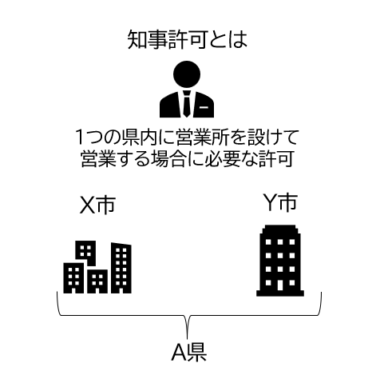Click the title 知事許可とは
click(188, 39)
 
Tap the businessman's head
click(187, 74)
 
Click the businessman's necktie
click(187, 103)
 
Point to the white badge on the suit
click(204, 108)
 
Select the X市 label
click(97, 205)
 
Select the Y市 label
click(280, 202)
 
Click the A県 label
click(189, 353)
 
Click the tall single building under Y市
click(280, 261)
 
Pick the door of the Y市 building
click(280, 285)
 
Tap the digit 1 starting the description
click(80, 138)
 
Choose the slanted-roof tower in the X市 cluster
click(121, 268)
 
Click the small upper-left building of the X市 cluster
click(85, 253)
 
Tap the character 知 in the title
click(137, 40)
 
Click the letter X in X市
click(87, 205)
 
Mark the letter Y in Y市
click(271, 202)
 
